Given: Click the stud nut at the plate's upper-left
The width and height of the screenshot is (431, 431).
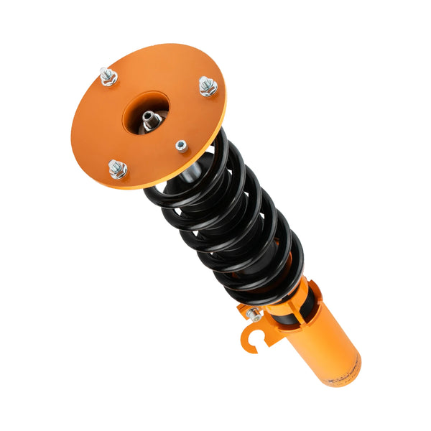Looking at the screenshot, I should (x=108, y=76).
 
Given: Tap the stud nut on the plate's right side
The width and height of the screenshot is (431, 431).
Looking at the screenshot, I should (x=208, y=86).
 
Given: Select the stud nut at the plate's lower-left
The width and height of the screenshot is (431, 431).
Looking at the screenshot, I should (x=118, y=169).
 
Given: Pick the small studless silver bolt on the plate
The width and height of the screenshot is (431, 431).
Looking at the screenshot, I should (x=182, y=146).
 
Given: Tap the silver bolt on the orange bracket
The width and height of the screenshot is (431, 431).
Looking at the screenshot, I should (x=254, y=314).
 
